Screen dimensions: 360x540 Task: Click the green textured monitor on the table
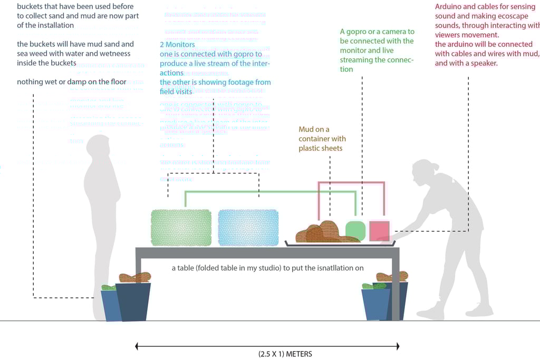(181, 228)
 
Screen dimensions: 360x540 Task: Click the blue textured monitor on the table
(248, 228)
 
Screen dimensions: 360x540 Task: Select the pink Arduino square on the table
(379, 230)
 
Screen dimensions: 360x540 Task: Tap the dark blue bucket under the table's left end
(132, 301)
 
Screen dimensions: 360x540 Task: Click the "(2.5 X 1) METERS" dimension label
(285, 354)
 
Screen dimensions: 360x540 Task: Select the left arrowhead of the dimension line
(138, 346)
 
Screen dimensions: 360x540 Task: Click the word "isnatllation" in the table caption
(333, 268)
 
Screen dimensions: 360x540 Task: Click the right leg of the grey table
(396, 287)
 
